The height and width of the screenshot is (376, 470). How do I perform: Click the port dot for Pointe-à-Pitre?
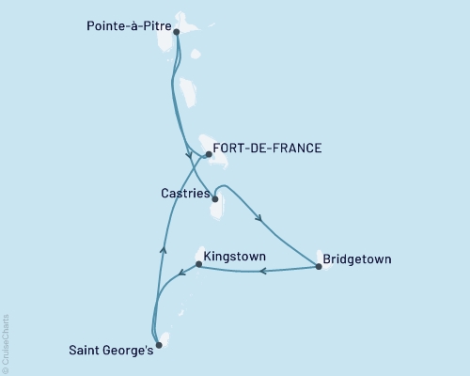coord(177,31)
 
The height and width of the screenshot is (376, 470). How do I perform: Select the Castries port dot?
coord(215,199)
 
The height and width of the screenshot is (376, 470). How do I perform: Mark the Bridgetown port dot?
coord(319,267)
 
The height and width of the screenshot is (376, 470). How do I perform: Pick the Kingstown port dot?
coord(198,264)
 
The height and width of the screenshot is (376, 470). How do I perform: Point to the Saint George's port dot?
coord(159,345)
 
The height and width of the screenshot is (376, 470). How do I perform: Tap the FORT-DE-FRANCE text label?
coord(268,149)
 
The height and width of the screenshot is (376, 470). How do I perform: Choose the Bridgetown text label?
coord(356,258)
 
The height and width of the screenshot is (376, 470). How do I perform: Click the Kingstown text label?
coord(234,256)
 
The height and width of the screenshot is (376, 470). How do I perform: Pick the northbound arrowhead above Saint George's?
coord(164,249)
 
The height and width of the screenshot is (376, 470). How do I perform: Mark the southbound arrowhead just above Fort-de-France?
coord(189,154)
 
